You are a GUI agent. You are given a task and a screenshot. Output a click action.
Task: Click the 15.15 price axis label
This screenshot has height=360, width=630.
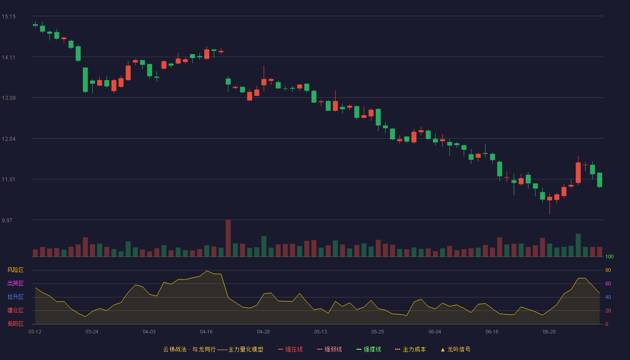pyautogui.click(x=9, y=17)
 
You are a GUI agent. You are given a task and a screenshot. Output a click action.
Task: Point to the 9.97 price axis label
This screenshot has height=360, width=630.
pyautogui.click(x=7, y=220)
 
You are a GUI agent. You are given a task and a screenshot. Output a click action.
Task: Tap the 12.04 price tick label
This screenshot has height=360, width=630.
pyautogui.click(x=9, y=139)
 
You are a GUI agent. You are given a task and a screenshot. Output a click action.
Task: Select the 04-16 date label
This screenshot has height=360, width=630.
pyautogui.click(x=206, y=332)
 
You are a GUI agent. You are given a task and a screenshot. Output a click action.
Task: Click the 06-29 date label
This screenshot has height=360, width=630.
pyautogui.click(x=549, y=332)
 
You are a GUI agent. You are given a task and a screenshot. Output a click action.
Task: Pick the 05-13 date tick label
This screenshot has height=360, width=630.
pyautogui.click(x=320, y=332)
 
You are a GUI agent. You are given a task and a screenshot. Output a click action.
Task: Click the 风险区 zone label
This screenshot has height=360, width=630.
pyautogui.click(x=15, y=270)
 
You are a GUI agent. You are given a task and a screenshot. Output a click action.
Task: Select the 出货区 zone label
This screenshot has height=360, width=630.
pyautogui.click(x=15, y=283)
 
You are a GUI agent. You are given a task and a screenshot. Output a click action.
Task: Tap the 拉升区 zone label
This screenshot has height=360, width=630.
pyautogui.click(x=15, y=297)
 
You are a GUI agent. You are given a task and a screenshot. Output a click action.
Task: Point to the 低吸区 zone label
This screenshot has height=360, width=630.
pyautogui.click(x=15, y=324)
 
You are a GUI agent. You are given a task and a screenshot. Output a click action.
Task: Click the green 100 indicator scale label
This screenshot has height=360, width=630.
pyautogui.click(x=609, y=256)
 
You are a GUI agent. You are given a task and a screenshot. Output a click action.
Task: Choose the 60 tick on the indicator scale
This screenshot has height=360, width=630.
pyautogui.click(x=608, y=283)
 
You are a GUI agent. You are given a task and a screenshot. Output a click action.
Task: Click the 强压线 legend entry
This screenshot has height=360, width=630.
pyautogui.click(x=290, y=349)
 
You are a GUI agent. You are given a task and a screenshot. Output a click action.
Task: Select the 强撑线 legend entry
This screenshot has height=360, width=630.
pyautogui.click(x=369, y=349)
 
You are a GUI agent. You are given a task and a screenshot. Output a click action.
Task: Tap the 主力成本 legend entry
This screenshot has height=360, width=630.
pyautogui.click(x=410, y=349)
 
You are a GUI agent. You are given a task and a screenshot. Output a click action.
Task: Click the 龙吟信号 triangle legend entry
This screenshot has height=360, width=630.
pyautogui.click(x=455, y=349)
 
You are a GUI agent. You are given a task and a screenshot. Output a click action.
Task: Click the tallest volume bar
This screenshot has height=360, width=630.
pyautogui.click(x=228, y=238)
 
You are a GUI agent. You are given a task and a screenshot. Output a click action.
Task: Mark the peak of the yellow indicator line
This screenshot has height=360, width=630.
pyautogui.click(x=207, y=270)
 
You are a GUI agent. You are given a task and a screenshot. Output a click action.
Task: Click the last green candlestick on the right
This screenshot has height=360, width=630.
pyautogui.click(x=599, y=180)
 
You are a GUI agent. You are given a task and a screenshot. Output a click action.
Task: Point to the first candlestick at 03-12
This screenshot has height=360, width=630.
pyautogui.click(x=35, y=25)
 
